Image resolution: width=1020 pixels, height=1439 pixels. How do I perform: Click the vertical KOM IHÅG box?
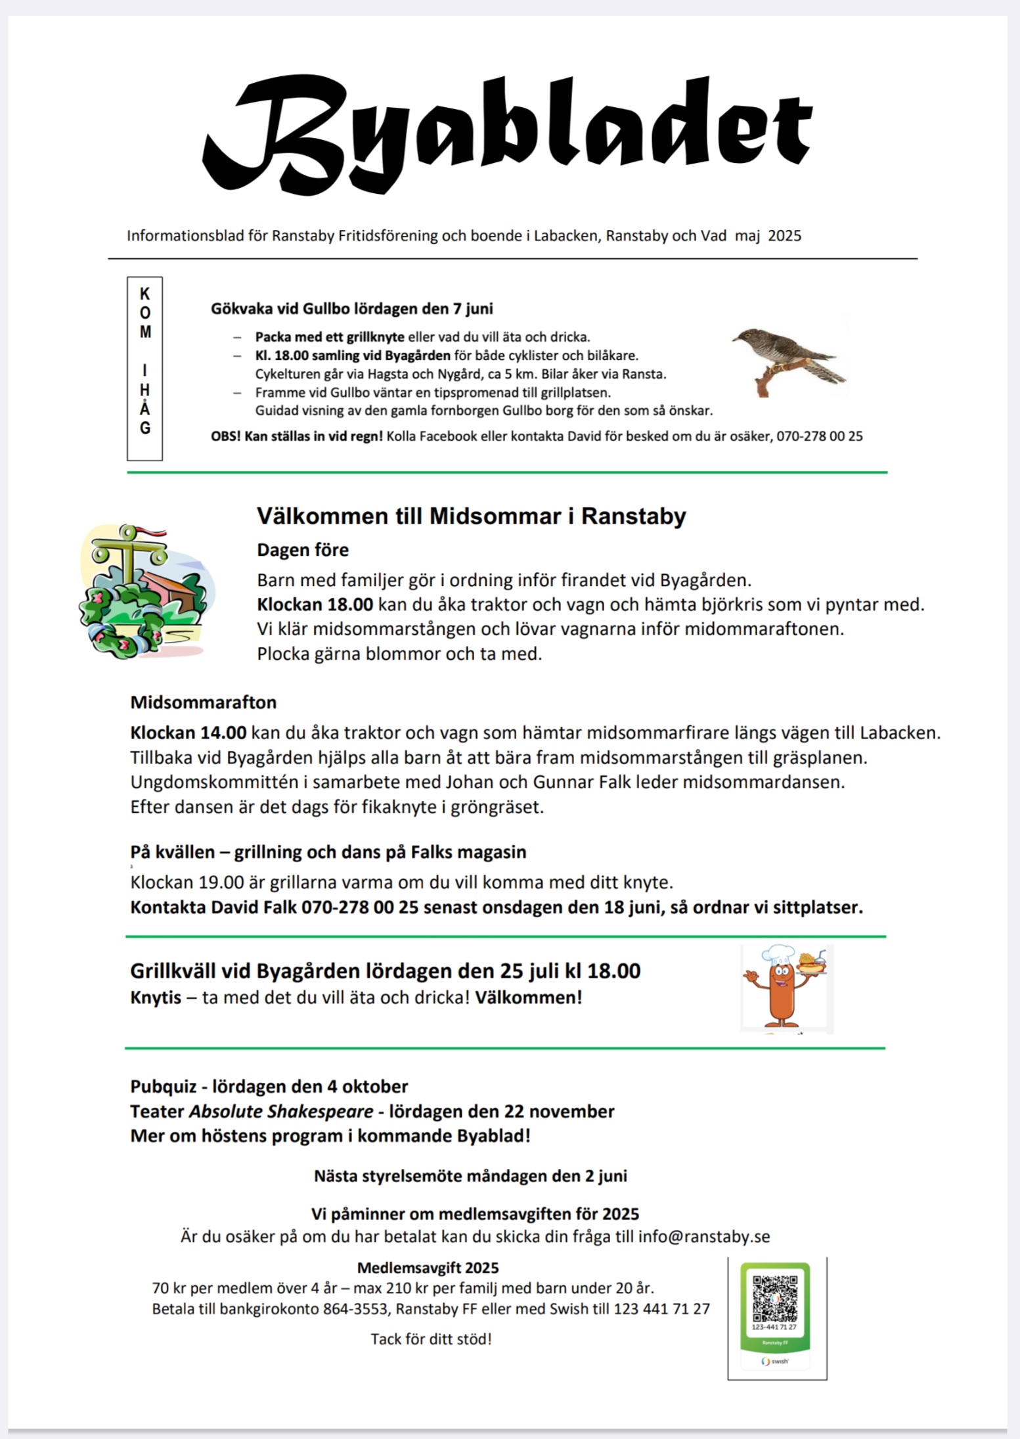(144, 368)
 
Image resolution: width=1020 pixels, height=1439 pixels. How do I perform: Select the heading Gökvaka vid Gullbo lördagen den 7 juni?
(351, 308)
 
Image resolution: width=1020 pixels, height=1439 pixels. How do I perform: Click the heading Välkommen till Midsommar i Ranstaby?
(471, 516)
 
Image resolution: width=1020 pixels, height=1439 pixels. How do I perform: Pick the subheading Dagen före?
(303, 550)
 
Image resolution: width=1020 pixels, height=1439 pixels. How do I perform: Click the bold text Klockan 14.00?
(188, 733)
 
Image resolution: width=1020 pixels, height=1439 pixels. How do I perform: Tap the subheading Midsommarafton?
(203, 702)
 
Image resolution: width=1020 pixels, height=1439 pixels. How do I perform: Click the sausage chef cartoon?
(786, 988)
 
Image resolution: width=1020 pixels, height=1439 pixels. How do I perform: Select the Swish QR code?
(775, 1299)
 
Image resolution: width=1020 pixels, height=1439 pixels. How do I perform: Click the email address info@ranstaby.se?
(704, 1237)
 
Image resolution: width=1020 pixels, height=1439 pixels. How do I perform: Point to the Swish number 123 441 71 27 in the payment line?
(661, 1309)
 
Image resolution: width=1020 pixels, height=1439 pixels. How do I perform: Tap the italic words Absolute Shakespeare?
(281, 1111)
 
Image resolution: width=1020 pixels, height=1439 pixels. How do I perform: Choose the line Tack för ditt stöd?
(431, 1339)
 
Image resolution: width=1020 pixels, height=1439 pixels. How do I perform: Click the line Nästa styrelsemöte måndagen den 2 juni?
(470, 1176)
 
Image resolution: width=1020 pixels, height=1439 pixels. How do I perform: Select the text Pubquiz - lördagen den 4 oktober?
(269, 1086)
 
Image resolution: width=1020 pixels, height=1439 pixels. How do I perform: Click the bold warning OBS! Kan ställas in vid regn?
(296, 436)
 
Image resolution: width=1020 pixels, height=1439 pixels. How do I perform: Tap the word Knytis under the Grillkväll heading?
(156, 997)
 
